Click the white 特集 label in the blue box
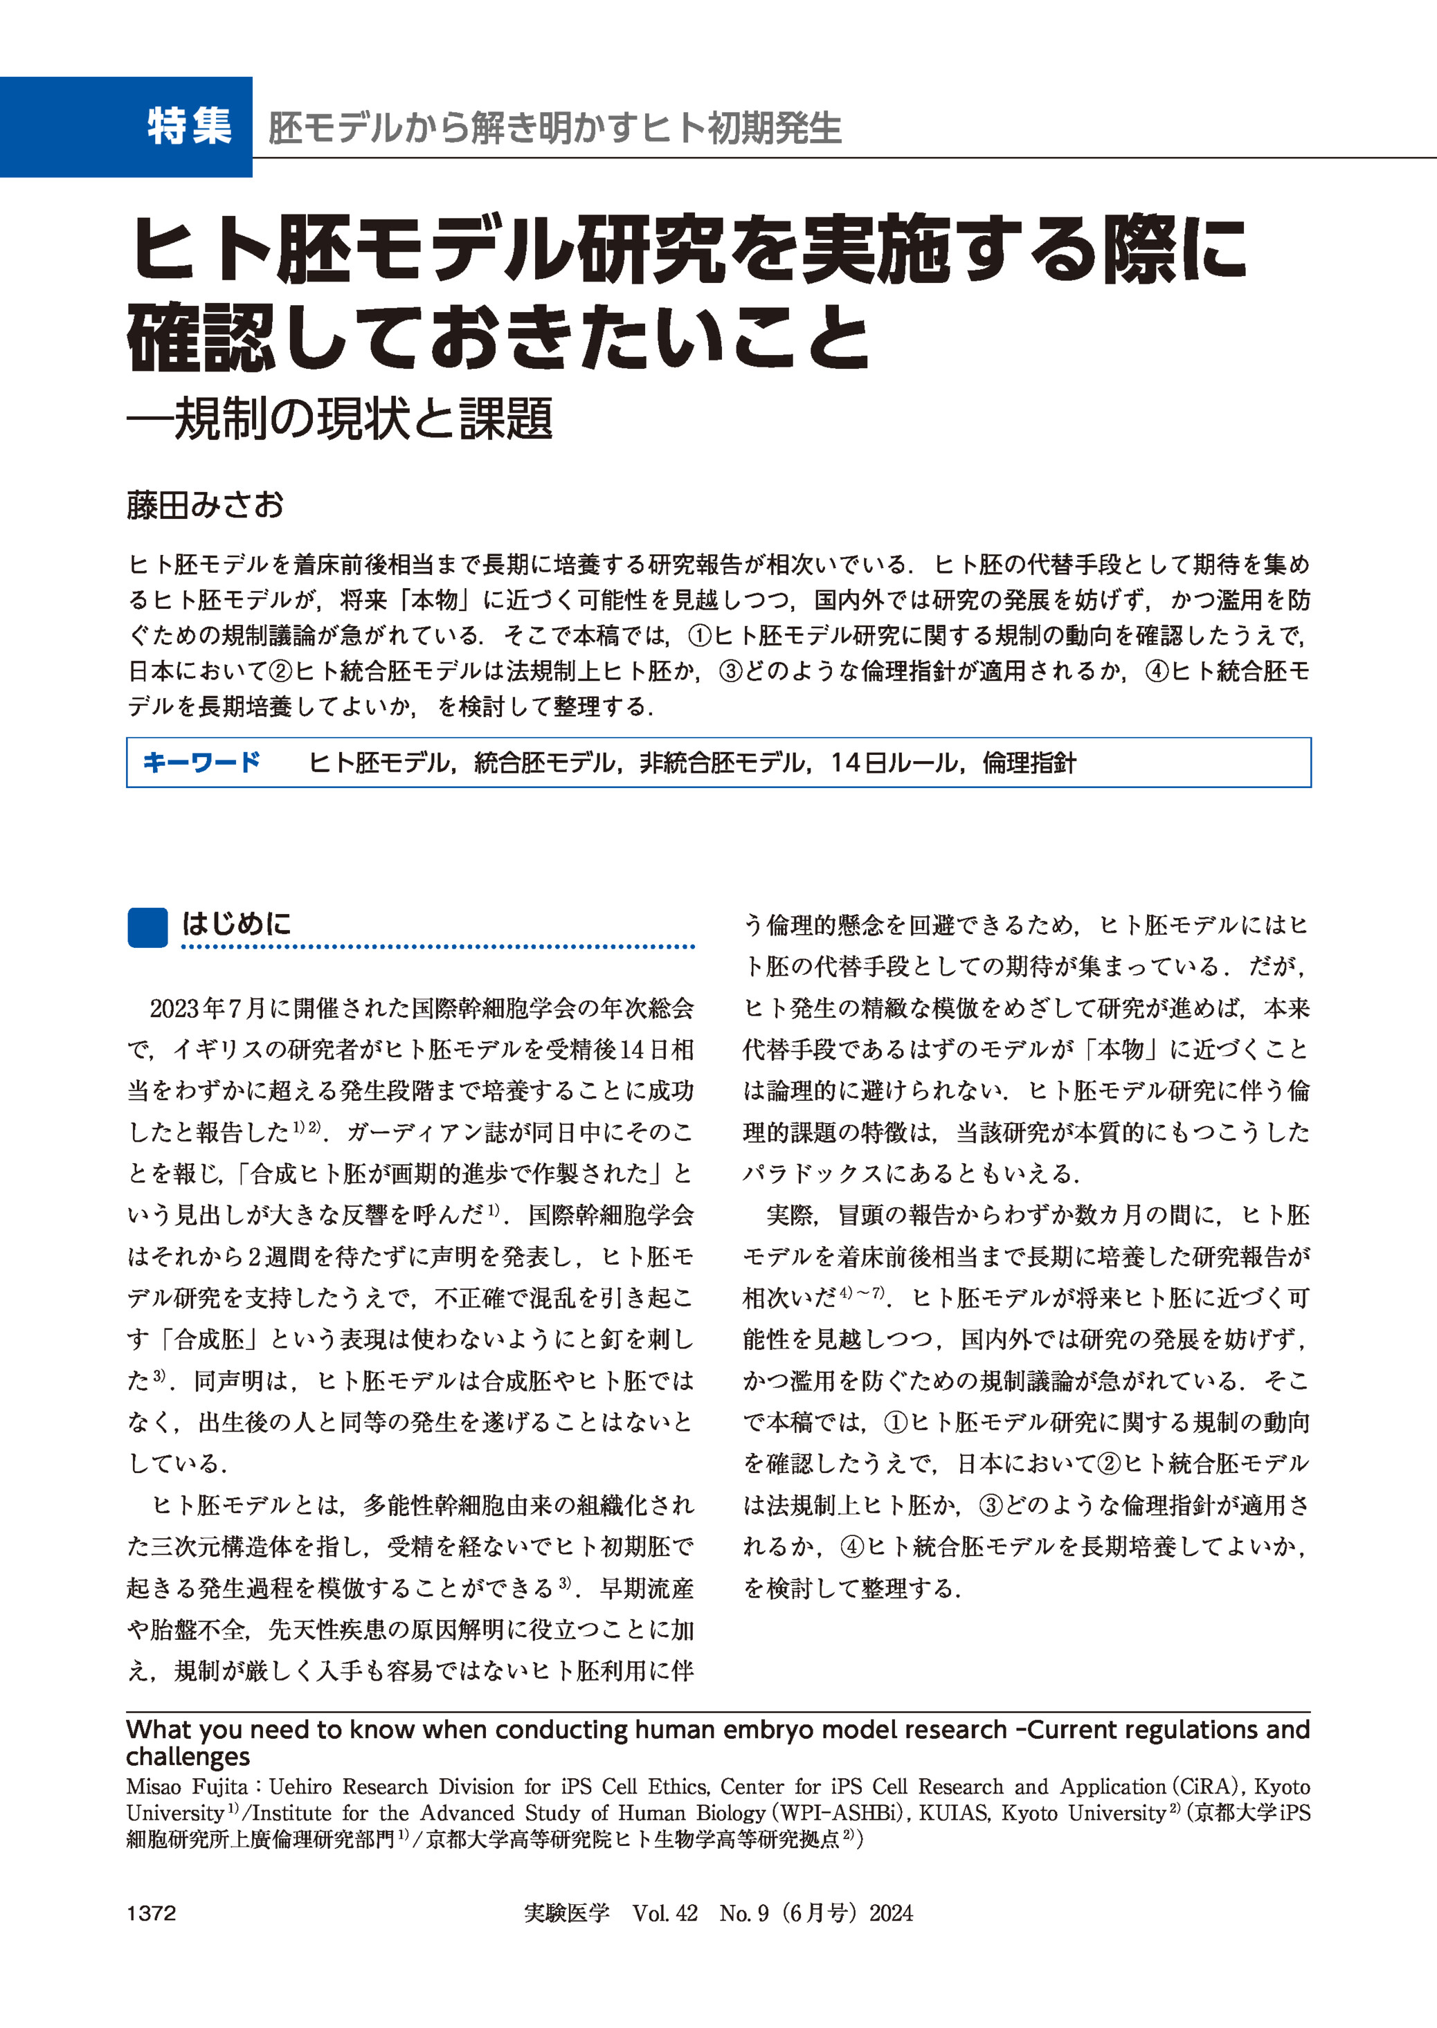pyautogui.click(x=190, y=126)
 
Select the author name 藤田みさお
pyautogui.click(x=206, y=505)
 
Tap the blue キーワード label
pyautogui.click(x=201, y=762)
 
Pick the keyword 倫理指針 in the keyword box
pyautogui.click(x=1030, y=762)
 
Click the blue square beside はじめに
pyautogui.click(x=147, y=927)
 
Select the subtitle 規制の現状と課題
pyautogui.click(x=363, y=419)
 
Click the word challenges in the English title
pyautogui.click(x=188, y=1757)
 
